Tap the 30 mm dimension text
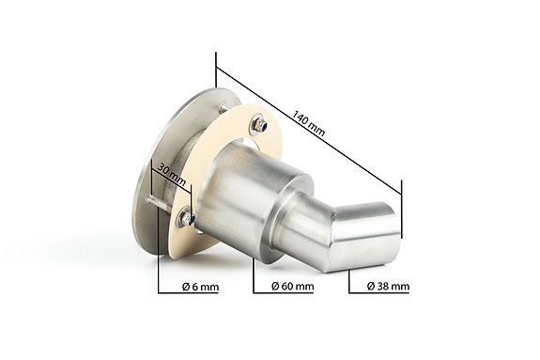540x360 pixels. click(171, 173)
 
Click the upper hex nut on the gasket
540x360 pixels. click(261, 122)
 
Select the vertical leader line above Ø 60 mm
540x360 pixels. click(254, 268)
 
